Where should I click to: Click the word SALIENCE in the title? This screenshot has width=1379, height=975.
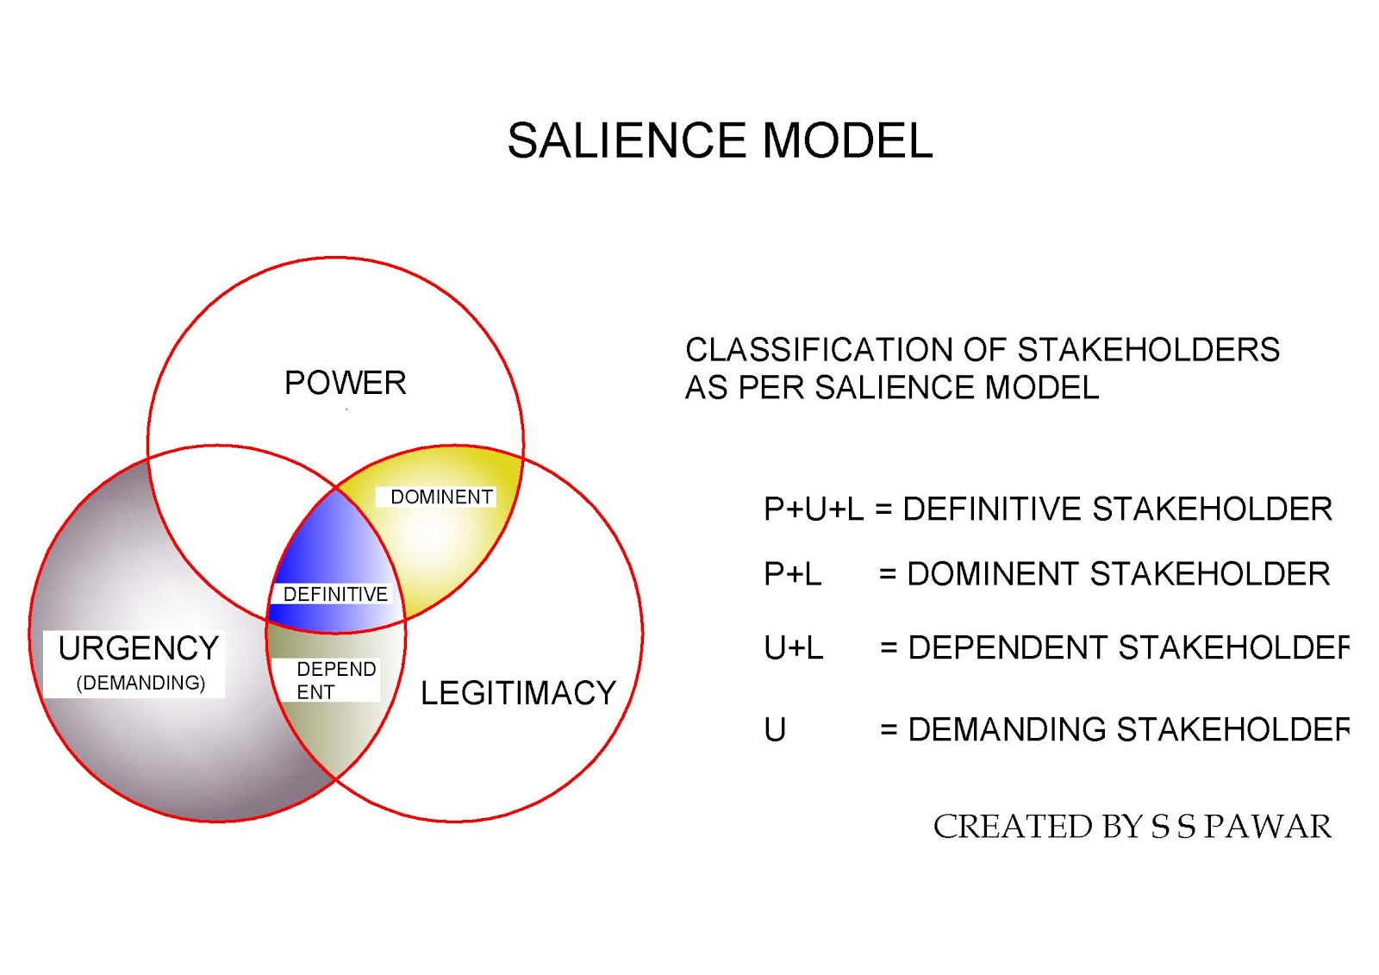pyautogui.click(x=626, y=141)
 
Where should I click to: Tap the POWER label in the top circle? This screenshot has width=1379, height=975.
pyautogui.click(x=345, y=383)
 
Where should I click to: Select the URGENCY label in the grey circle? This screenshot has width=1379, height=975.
pyautogui.click(x=138, y=648)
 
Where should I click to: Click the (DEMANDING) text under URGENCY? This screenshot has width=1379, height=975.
pyautogui.click(x=140, y=683)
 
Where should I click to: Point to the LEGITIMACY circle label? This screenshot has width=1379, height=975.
pyautogui.click(x=518, y=693)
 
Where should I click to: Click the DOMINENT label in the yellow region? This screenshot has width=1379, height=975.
pyautogui.click(x=441, y=497)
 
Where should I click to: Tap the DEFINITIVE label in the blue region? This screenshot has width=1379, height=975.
pyautogui.click(x=335, y=594)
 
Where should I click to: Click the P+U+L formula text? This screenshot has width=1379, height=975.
pyautogui.click(x=813, y=509)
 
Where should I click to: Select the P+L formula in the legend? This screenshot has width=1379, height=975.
pyautogui.click(x=792, y=574)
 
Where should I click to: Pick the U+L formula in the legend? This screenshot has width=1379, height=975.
pyautogui.click(x=793, y=647)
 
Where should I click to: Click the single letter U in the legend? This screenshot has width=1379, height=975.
pyautogui.click(x=775, y=730)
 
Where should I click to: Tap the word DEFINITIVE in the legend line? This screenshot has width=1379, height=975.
pyautogui.click(x=992, y=509)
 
